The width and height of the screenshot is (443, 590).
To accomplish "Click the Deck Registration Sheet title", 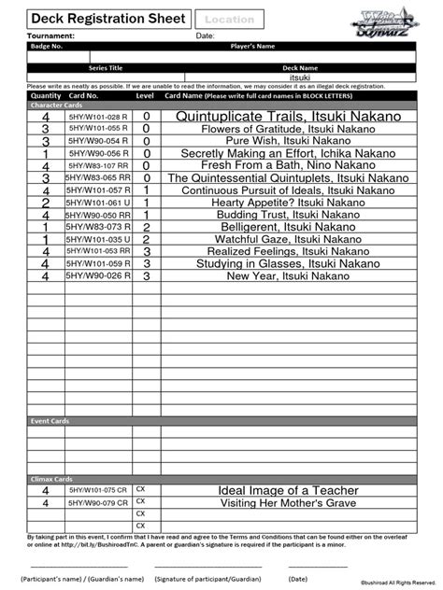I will [x=97, y=18].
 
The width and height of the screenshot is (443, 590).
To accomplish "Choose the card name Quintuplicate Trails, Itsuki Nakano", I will [x=288, y=116].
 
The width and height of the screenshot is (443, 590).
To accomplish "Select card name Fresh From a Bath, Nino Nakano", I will [x=288, y=164].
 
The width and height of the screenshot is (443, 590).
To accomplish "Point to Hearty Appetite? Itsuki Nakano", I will [x=288, y=202].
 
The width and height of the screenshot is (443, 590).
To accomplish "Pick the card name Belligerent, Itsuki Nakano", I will [x=288, y=226].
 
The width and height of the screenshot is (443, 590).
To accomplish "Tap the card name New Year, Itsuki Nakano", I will [x=288, y=275].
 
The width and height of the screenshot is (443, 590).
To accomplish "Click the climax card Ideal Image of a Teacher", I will [x=288, y=490].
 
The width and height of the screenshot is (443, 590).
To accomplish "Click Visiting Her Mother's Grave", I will [x=288, y=502].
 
